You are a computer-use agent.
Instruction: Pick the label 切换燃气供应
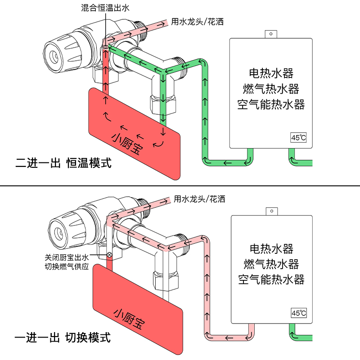[x=67, y=266]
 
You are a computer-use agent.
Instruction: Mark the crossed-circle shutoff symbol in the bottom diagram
[x=109, y=255]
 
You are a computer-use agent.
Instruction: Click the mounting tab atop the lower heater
[x=271, y=210]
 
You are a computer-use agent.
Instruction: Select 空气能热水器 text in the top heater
[x=271, y=104]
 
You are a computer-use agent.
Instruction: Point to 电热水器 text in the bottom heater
[x=271, y=248]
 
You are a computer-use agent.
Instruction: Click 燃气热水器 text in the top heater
[x=271, y=88]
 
